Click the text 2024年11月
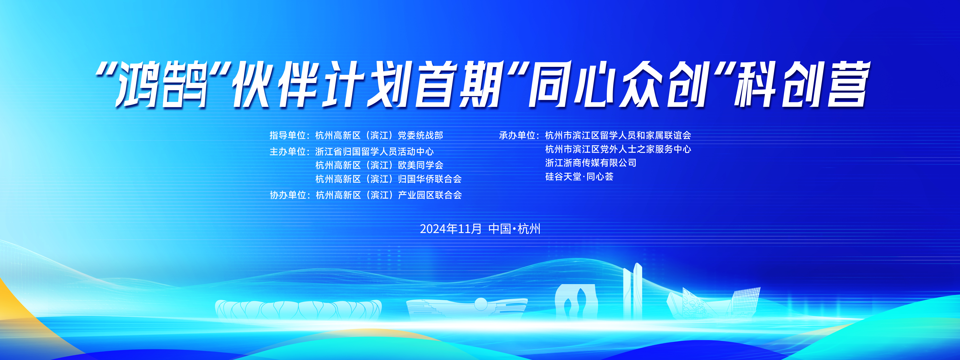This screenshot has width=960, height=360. (x=451, y=229)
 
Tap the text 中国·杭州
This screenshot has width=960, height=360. (x=514, y=229)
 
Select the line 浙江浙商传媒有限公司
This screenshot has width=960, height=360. (x=591, y=163)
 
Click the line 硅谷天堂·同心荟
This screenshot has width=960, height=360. (x=579, y=177)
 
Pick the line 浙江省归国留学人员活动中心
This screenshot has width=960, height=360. (x=375, y=152)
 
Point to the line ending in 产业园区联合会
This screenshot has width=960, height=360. (x=388, y=195)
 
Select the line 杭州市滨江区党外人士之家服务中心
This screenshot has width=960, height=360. (x=618, y=149)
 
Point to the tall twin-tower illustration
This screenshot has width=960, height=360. (x=632, y=291)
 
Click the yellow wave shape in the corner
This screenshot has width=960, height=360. (x=22, y=317)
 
